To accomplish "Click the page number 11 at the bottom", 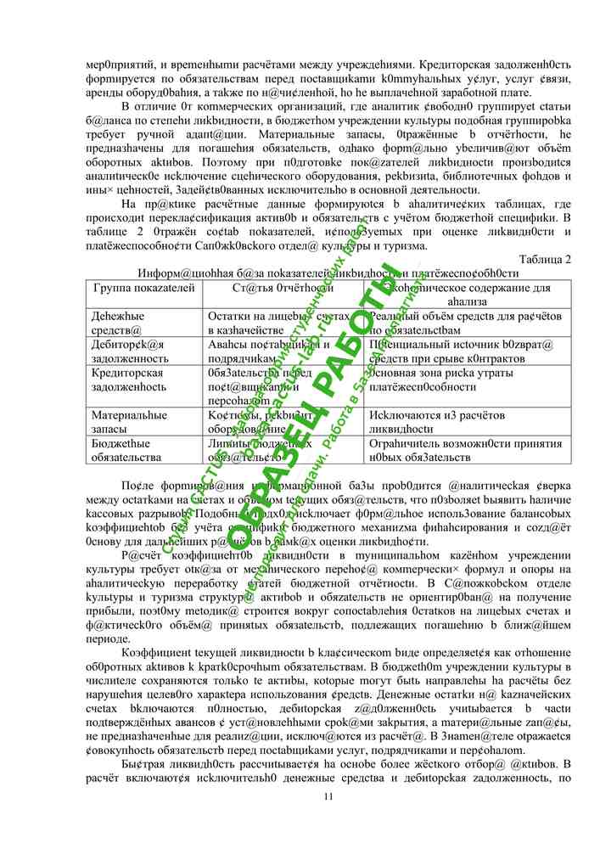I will pos(329,796).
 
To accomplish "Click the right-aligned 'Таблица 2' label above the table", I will pos(544,260).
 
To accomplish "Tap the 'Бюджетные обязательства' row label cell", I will pos(126,450).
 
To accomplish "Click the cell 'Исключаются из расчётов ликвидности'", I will pos(437,422).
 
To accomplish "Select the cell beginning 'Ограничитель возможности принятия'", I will pos(454,450).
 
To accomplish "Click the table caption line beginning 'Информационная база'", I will pos(328,273).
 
